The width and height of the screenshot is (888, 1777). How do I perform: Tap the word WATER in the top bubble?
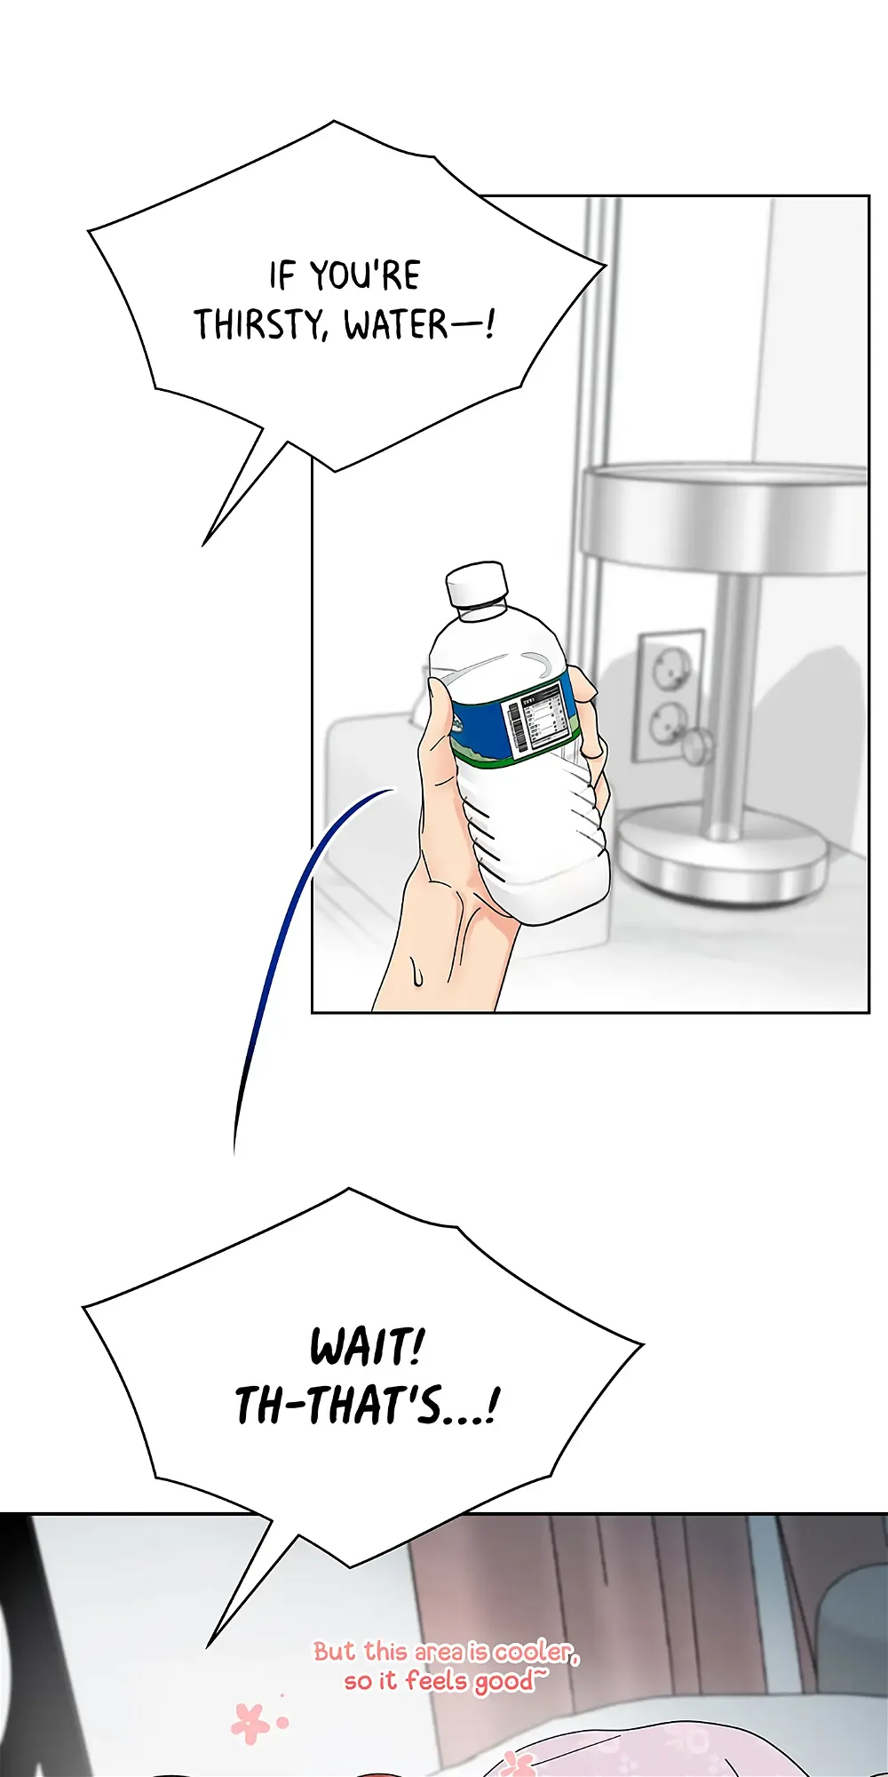396,324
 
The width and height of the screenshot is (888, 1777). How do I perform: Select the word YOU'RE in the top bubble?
365,275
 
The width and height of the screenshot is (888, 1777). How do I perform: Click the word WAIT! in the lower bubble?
368,1347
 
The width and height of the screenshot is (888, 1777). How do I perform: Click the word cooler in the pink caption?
535,1652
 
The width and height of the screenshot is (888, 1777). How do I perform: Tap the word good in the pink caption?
501,1682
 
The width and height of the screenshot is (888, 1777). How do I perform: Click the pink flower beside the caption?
250,1722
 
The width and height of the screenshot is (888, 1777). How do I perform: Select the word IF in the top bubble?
282,275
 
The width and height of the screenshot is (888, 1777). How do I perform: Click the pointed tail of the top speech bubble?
203,545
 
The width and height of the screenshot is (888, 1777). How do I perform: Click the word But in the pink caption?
337,1652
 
